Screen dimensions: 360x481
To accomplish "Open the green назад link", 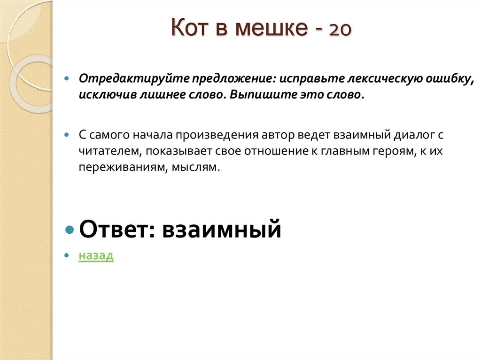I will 96,256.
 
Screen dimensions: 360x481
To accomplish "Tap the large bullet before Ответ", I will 70,230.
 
